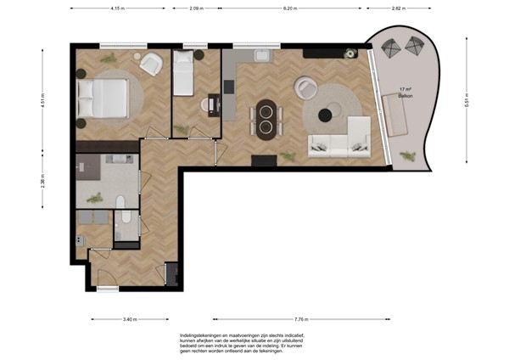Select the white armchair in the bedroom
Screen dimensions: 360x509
[x=152, y=65]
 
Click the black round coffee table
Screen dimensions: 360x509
[x=327, y=115]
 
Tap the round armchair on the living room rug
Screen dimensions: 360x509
[x=305, y=87]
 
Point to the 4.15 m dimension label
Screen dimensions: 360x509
[x=117, y=8]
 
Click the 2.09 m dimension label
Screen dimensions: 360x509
[x=194, y=8]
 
